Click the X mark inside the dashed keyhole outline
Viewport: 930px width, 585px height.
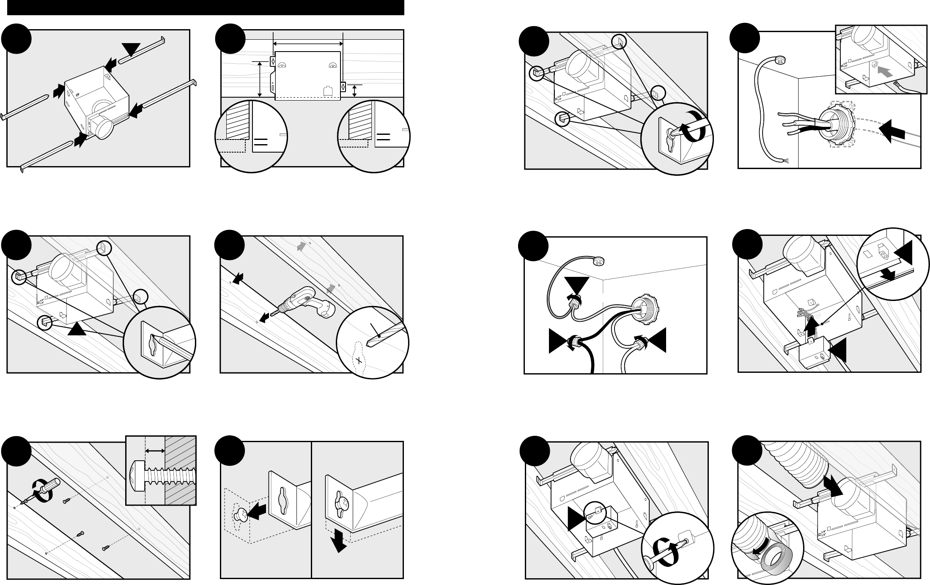point(359,360)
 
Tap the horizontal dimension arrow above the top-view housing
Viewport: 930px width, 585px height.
point(308,43)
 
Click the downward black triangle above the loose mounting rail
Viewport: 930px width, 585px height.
point(132,50)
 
